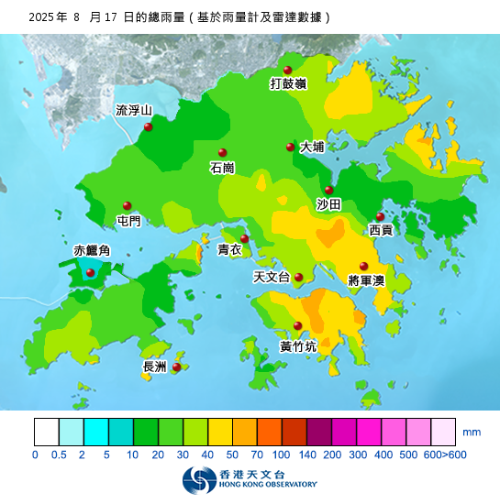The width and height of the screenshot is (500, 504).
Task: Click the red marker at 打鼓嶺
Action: pyautogui.click(x=287, y=71)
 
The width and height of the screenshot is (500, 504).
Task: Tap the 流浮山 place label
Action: pyautogui.click(x=133, y=111)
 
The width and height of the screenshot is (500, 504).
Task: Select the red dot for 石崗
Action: pyautogui.click(x=222, y=153)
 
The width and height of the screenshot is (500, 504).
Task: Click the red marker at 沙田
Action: pyautogui.click(x=328, y=190)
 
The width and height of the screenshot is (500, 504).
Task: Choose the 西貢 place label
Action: pyautogui.click(x=381, y=230)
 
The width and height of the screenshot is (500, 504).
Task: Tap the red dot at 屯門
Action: pyautogui.click(x=128, y=206)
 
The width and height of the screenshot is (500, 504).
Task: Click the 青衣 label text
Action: pyautogui.click(x=229, y=249)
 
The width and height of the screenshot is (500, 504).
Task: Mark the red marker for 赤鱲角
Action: pyautogui.click(x=90, y=272)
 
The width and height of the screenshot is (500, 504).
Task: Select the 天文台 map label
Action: pyautogui.click(x=271, y=277)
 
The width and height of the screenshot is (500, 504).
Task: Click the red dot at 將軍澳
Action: pyautogui.click(x=363, y=266)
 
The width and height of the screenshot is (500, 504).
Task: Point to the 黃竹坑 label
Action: pyautogui.click(x=298, y=346)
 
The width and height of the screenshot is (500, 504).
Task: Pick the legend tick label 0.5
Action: pyautogui.click(x=60, y=455)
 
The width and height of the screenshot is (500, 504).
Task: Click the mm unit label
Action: pyautogui.click(x=472, y=431)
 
